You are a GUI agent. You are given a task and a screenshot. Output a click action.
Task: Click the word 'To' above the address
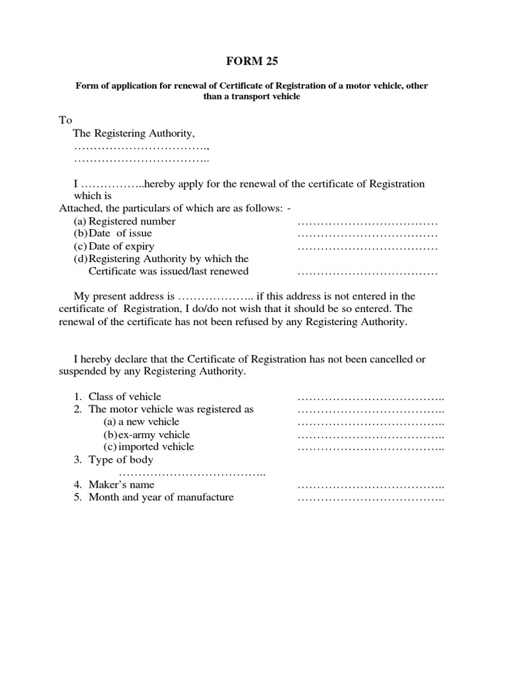coord(65,120)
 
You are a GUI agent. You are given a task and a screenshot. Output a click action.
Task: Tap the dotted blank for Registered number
coord(367,222)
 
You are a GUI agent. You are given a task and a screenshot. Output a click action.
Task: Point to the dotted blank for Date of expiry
coord(367,247)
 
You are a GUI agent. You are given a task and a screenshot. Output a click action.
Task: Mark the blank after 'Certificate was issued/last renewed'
coord(367,272)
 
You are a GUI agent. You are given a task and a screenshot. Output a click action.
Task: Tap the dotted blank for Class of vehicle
coord(371,397)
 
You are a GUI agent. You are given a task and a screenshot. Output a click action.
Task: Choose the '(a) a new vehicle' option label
coord(141,422)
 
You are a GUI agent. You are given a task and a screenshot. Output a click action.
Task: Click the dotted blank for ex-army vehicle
coord(371,435)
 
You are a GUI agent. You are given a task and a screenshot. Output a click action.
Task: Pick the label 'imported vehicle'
coord(155,447)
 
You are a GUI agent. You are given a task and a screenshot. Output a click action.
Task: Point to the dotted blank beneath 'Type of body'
coord(192,473)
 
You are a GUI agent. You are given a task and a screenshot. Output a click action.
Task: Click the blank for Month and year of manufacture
coord(371,498)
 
